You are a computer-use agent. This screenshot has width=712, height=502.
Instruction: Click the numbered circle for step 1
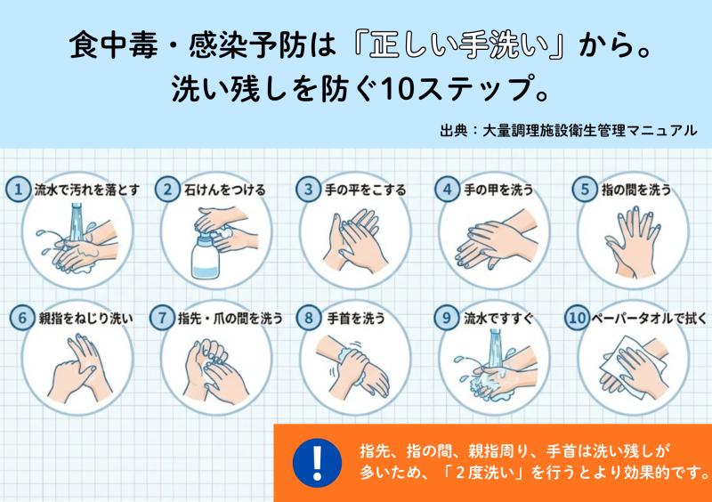click(18, 189)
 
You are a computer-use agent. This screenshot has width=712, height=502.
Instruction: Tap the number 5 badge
click(585, 189)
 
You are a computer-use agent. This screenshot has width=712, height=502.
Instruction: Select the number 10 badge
click(577, 318)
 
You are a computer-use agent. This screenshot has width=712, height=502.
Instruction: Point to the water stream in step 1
click(77, 222)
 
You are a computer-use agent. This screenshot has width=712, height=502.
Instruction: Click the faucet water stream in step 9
click(496, 348)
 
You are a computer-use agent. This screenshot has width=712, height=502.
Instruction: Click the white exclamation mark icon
click(318, 463)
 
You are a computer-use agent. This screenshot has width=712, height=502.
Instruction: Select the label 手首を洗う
click(356, 318)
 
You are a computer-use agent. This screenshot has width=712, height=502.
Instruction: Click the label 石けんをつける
click(225, 190)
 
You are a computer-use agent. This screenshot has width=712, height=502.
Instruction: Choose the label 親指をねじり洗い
click(85, 318)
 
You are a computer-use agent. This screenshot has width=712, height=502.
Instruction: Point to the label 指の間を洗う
click(636, 190)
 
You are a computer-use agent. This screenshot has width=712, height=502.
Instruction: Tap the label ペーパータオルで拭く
click(649, 318)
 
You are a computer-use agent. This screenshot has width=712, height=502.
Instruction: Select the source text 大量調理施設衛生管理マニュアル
click(589, 130)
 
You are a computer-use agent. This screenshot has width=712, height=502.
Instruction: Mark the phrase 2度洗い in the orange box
click(487, 473)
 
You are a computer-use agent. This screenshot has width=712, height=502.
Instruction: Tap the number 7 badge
click(163, 318)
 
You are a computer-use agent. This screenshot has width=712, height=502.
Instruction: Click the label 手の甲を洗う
click(498, 190)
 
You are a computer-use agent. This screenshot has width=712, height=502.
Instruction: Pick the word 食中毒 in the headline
click(114, 46)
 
